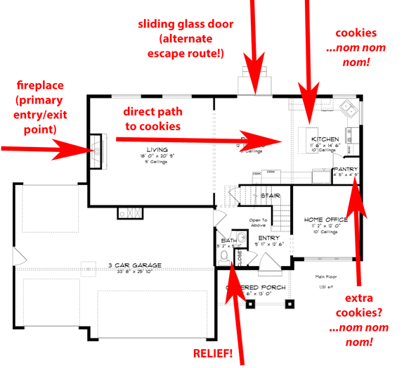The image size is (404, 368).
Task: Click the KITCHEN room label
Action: coord(326,139)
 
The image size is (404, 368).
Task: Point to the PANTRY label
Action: coord(346,170)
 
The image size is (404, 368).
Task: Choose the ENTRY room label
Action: coord(269,238)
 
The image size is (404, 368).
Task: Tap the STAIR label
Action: coord(271,195)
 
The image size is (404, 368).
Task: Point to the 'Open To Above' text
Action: coord(259,223)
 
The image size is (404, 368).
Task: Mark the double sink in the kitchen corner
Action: coord(348,108)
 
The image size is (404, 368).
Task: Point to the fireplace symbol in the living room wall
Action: coord(94,150)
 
